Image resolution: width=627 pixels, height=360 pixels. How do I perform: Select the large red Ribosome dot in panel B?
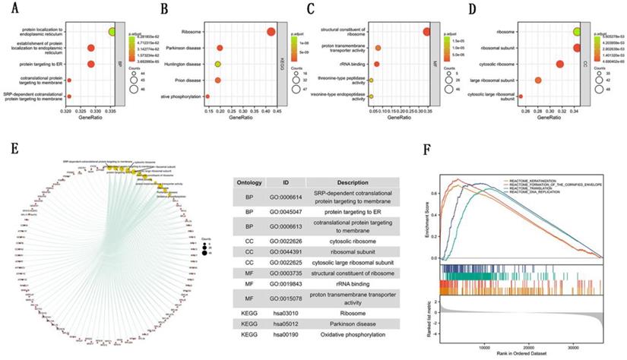(x=271, y=31)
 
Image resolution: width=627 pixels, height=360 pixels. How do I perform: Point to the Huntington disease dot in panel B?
(x=217, y=64)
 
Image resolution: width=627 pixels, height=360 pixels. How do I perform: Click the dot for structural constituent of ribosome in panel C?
(x=426, y=31)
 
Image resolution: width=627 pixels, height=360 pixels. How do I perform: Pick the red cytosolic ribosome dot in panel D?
(x=560, y=64)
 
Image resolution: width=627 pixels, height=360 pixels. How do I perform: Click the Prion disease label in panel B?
(x=185, y=80)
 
